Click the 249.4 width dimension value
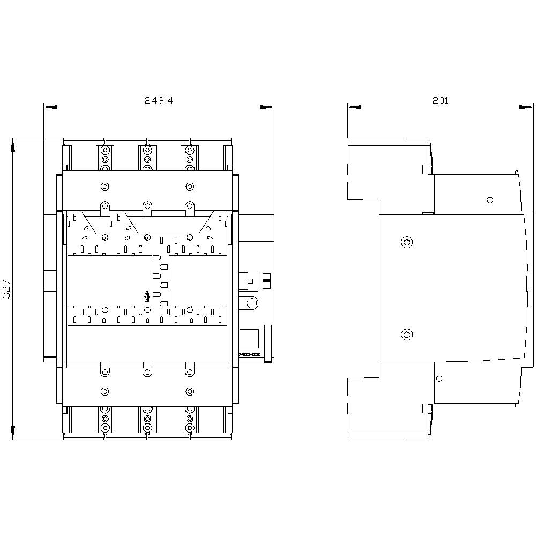(159, 100)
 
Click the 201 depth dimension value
(441, 100)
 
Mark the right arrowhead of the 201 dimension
(526, 107)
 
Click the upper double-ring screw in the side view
(406, 242)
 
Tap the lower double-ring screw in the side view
(406, 335)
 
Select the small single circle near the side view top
(489, 200)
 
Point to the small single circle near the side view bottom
(440, 378)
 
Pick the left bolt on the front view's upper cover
(105, 187)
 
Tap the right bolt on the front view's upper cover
(189, 187)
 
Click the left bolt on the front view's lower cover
(105, 391)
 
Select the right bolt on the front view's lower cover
(189, 391)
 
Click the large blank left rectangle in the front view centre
(109, 280)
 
